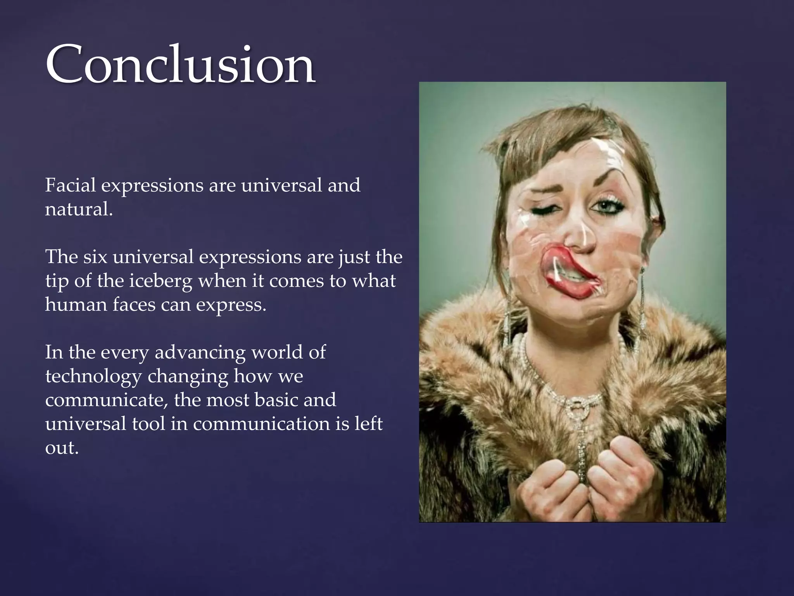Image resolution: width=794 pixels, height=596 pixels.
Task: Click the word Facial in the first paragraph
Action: tap(70, 185)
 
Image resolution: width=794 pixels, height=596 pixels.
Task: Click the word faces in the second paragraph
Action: tap(134, 305)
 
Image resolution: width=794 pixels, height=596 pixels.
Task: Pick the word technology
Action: tap(93, 376)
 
